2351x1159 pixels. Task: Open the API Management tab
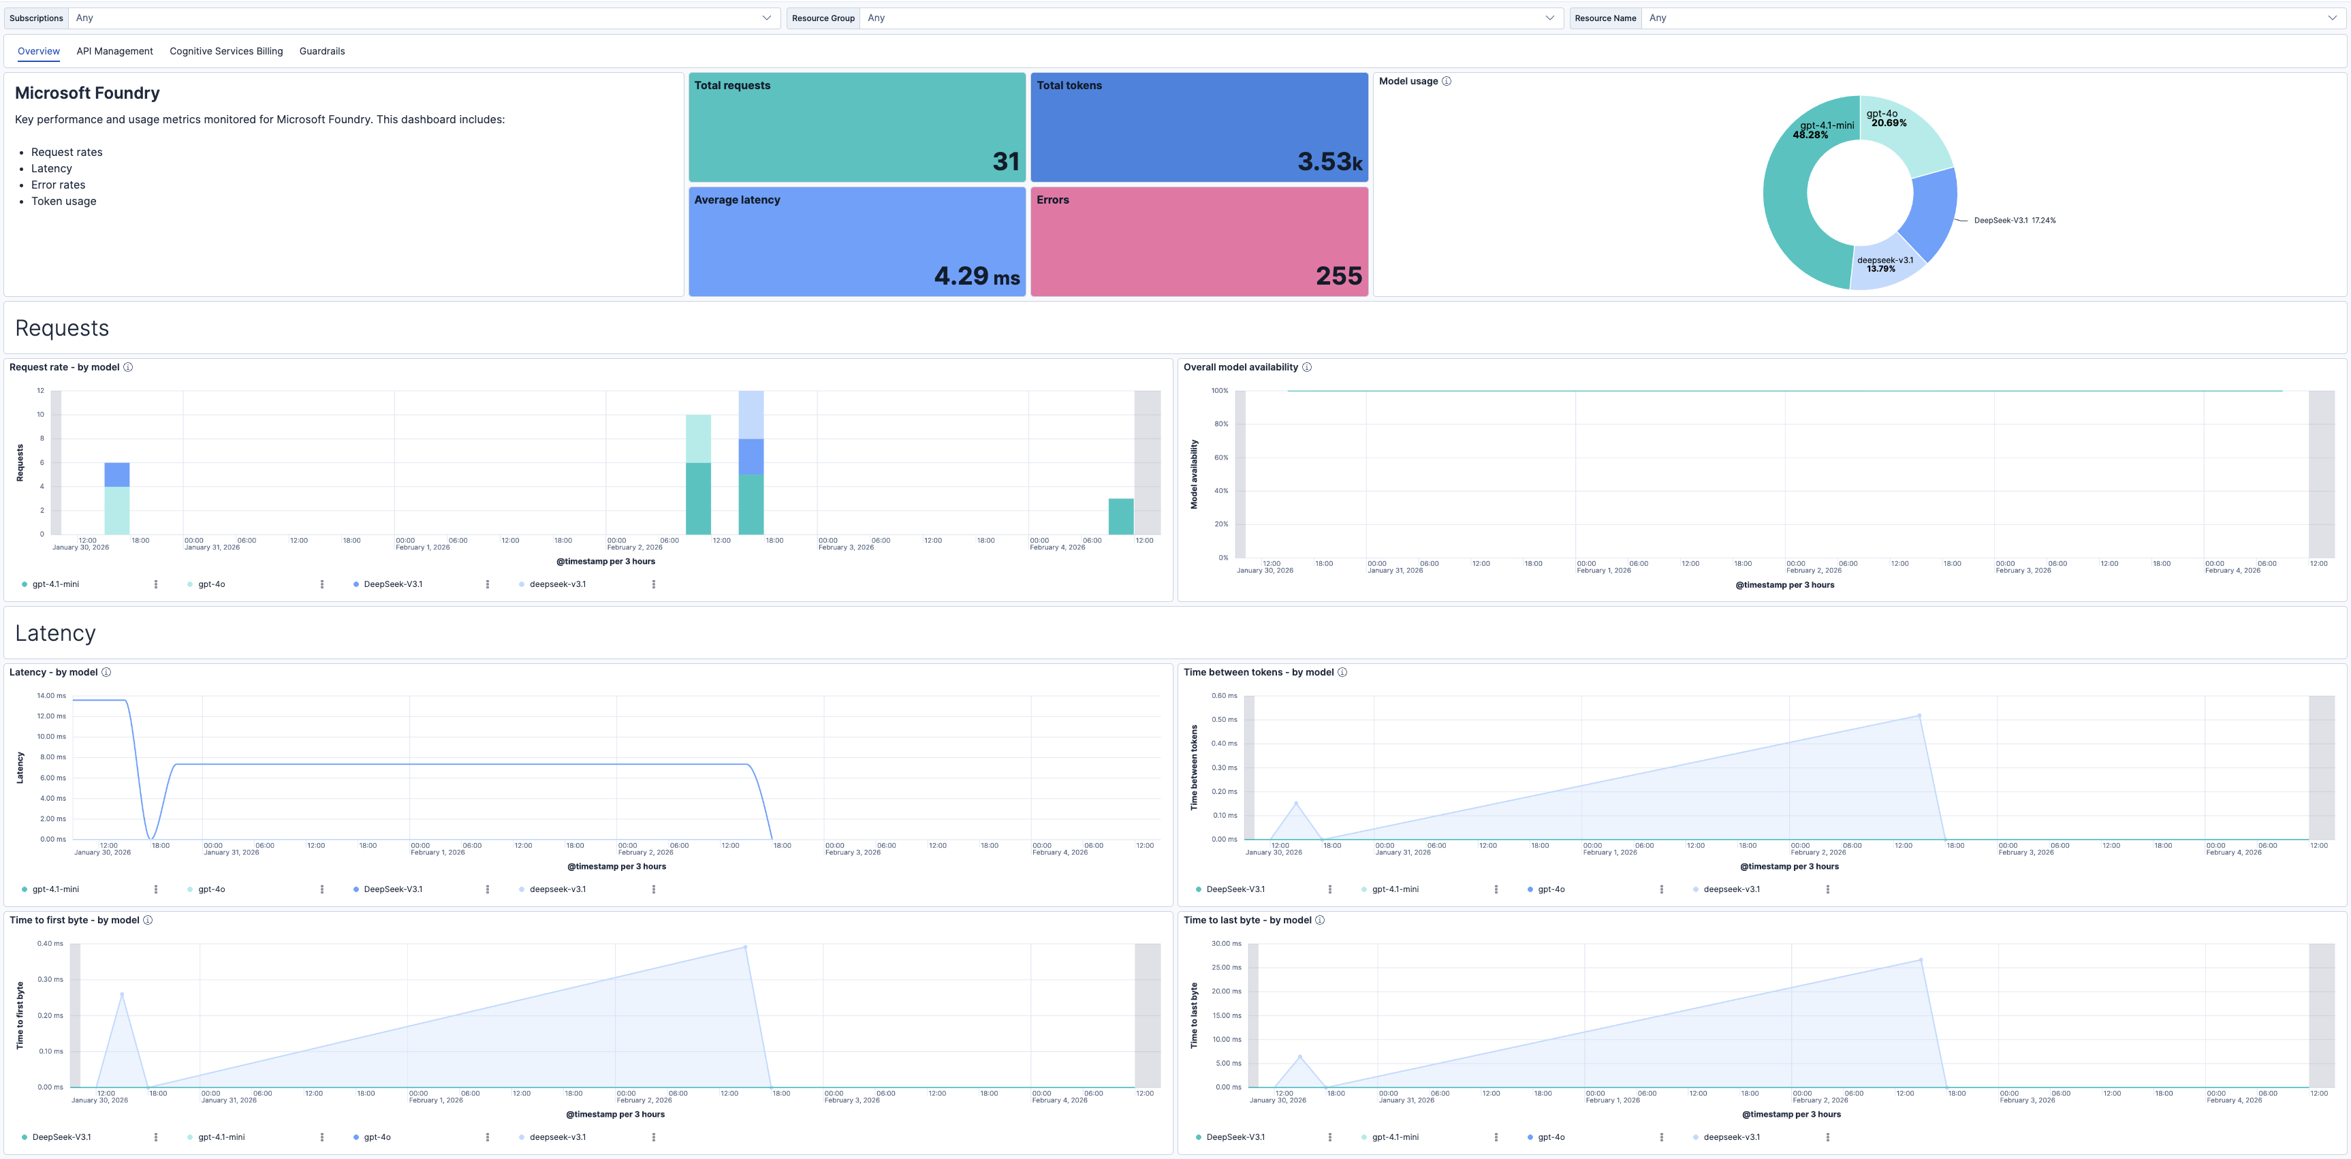pos(114,51)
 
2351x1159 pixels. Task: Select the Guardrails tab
pos(321,51)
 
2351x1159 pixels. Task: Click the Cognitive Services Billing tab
pos(225,51)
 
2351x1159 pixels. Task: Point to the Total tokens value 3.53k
pos(1329,161)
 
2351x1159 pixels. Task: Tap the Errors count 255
pos(1338,276)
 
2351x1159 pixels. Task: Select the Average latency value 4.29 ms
pos(976,276)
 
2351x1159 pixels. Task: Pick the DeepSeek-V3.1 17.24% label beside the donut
pos(2015,221)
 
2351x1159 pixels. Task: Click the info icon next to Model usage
pos(1447,81)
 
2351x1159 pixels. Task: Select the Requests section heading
pos(62,328)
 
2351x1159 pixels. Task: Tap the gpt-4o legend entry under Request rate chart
pos(212,584)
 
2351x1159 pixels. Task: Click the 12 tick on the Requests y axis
pos(40,391)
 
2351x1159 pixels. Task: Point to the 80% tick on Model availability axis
pos(1220,424)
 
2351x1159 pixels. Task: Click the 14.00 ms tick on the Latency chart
pos(51,695)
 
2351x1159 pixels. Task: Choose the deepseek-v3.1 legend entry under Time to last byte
pos(1731,1137)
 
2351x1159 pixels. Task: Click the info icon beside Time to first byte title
pos(148,920)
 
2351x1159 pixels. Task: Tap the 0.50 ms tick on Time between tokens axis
pos(1224,719)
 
